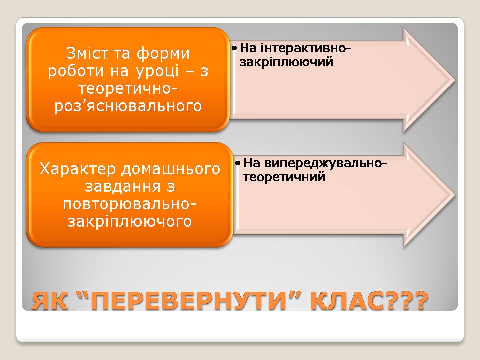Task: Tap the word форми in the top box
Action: click(163, 54)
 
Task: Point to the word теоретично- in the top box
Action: click(128, 89)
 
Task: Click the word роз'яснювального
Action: click(128, 106)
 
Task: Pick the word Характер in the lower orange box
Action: click(78, 170)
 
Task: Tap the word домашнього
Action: click(171, 170)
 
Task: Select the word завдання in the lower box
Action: click(123, 186)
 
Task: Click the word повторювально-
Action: click(129, 204)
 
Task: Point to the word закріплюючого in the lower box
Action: click(129, 221)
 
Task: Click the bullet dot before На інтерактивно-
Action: click(235, 48)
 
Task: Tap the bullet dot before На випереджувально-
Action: click(238, 163)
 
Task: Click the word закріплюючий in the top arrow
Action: click(286, 62)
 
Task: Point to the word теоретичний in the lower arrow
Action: click(284, 177)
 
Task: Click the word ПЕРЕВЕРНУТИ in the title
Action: click(188, 301)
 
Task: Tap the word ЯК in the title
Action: click(49, 301)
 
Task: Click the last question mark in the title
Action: click(418, 301)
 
